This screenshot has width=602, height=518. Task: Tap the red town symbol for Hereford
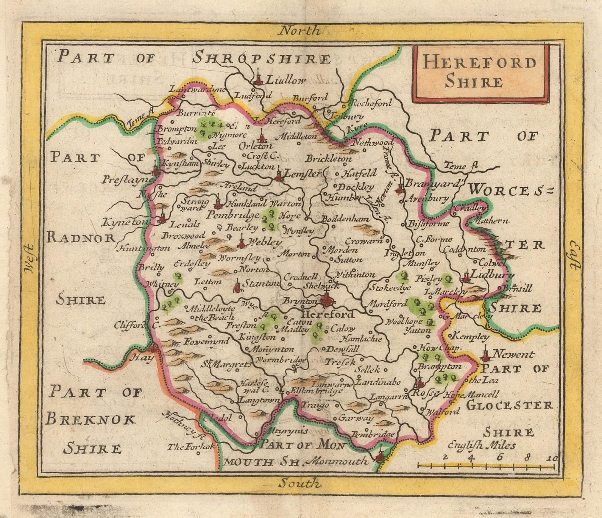[328, 300]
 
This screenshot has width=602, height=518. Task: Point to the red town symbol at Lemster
[279, 175]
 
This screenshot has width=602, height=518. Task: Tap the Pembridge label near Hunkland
[233, 215]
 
